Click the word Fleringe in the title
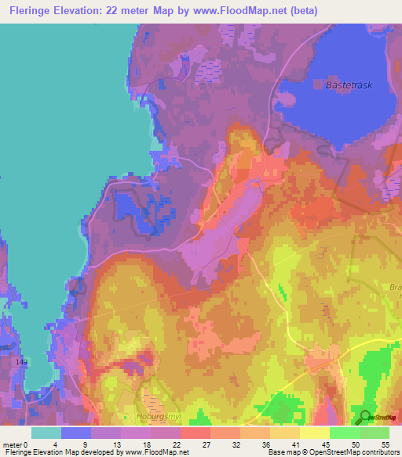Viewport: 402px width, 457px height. tap(36, 11)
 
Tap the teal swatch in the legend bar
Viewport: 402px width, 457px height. tap(46, 432)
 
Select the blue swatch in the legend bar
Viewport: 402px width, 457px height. tap(76, 432)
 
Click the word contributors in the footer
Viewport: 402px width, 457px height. tap(377, 452)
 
